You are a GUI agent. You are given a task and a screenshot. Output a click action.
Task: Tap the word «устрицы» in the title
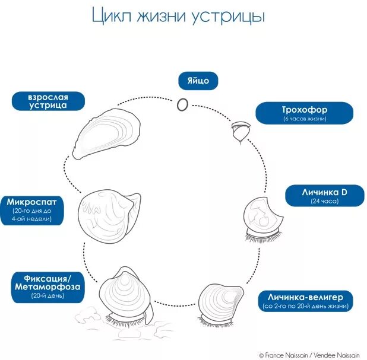pyautogui.click(x=230, y=17)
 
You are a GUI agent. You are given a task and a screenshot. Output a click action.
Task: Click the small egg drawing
pyautogui.click(x=183, y=104)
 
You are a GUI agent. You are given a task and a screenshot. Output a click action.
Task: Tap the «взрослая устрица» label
pyautogui.click(x=48, y=100)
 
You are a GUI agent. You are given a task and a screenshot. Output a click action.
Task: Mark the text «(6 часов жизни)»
pyautogui.click(x=305, y=119)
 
